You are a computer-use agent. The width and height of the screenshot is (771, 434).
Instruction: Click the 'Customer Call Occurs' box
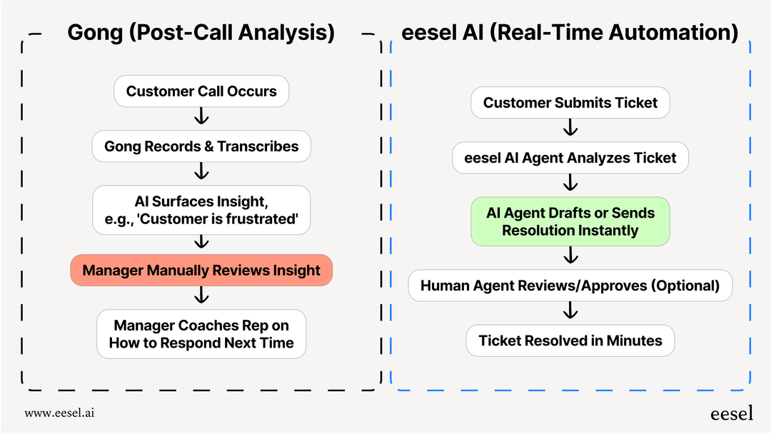(201, 91)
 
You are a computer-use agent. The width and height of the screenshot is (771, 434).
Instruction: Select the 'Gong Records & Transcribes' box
(201, 146)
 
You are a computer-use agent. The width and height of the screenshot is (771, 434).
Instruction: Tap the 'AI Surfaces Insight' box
(201, 210)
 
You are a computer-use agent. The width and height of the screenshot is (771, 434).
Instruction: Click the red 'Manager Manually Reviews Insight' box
(201, 271)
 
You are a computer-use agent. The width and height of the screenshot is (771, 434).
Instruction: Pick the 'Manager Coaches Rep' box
(201, 334)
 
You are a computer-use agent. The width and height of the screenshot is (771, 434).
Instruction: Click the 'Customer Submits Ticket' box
(570, 103)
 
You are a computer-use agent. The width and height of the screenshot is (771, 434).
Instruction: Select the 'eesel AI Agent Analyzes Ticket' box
(570, 158)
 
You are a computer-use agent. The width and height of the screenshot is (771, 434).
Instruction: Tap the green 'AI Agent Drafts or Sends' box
(570, 221)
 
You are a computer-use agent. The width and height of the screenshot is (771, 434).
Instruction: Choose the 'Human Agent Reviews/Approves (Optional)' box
(570, 286)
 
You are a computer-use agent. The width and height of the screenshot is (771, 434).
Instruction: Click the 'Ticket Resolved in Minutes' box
(570, 340)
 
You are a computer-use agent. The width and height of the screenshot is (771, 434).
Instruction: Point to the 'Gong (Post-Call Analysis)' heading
(201, 33)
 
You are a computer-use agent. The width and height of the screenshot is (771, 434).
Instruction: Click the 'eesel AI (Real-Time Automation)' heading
(570, 33)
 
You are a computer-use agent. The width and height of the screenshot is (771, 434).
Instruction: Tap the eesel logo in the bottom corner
(731, 413)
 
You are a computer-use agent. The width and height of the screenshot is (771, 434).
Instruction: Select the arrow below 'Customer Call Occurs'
(201, 116)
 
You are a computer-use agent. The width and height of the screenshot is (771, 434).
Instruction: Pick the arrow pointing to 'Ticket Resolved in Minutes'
(570, 311)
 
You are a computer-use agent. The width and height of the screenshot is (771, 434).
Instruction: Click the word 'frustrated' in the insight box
(263, 219)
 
